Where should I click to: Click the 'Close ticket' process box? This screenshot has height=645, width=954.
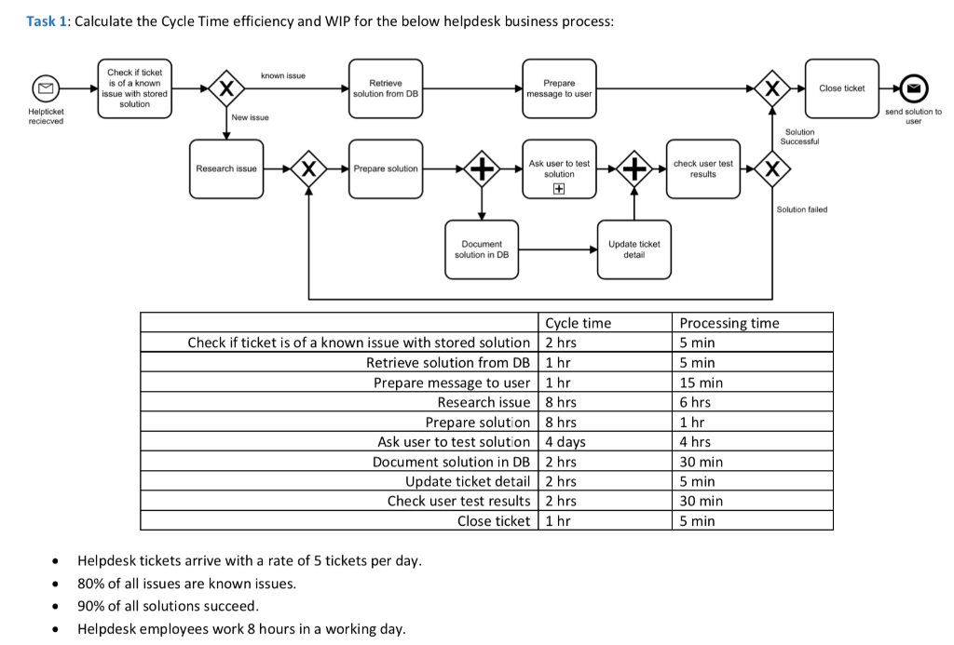(x=841, y=88)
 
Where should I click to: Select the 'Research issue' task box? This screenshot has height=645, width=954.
(x=226, y=168)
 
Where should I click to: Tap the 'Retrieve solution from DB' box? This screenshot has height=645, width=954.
(x=386, y=88)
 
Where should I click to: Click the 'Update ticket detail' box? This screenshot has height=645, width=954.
(x=634, y=249)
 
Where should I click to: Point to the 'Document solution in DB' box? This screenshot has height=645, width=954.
(x=482, y=249)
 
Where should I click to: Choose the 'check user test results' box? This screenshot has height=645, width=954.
(x=703, y=168)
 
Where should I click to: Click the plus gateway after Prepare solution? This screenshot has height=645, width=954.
(x=482, y=168)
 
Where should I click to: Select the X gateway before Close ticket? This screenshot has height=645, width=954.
(x=772, y=88)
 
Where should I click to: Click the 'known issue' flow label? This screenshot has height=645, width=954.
(x=282, y=75)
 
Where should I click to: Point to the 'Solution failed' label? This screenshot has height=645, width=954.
(x=801, y=209)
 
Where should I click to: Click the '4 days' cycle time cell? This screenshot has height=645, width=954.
(x=566, y=442)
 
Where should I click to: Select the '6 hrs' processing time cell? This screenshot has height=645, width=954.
(x=695, y=402)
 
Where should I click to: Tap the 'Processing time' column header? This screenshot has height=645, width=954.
(x=729, y=323)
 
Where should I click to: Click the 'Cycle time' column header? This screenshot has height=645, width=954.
(x=578, y=323)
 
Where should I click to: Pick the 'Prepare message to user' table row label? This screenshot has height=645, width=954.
(x=451, y=383)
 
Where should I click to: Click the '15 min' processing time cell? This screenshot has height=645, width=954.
(x=701, y=383)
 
